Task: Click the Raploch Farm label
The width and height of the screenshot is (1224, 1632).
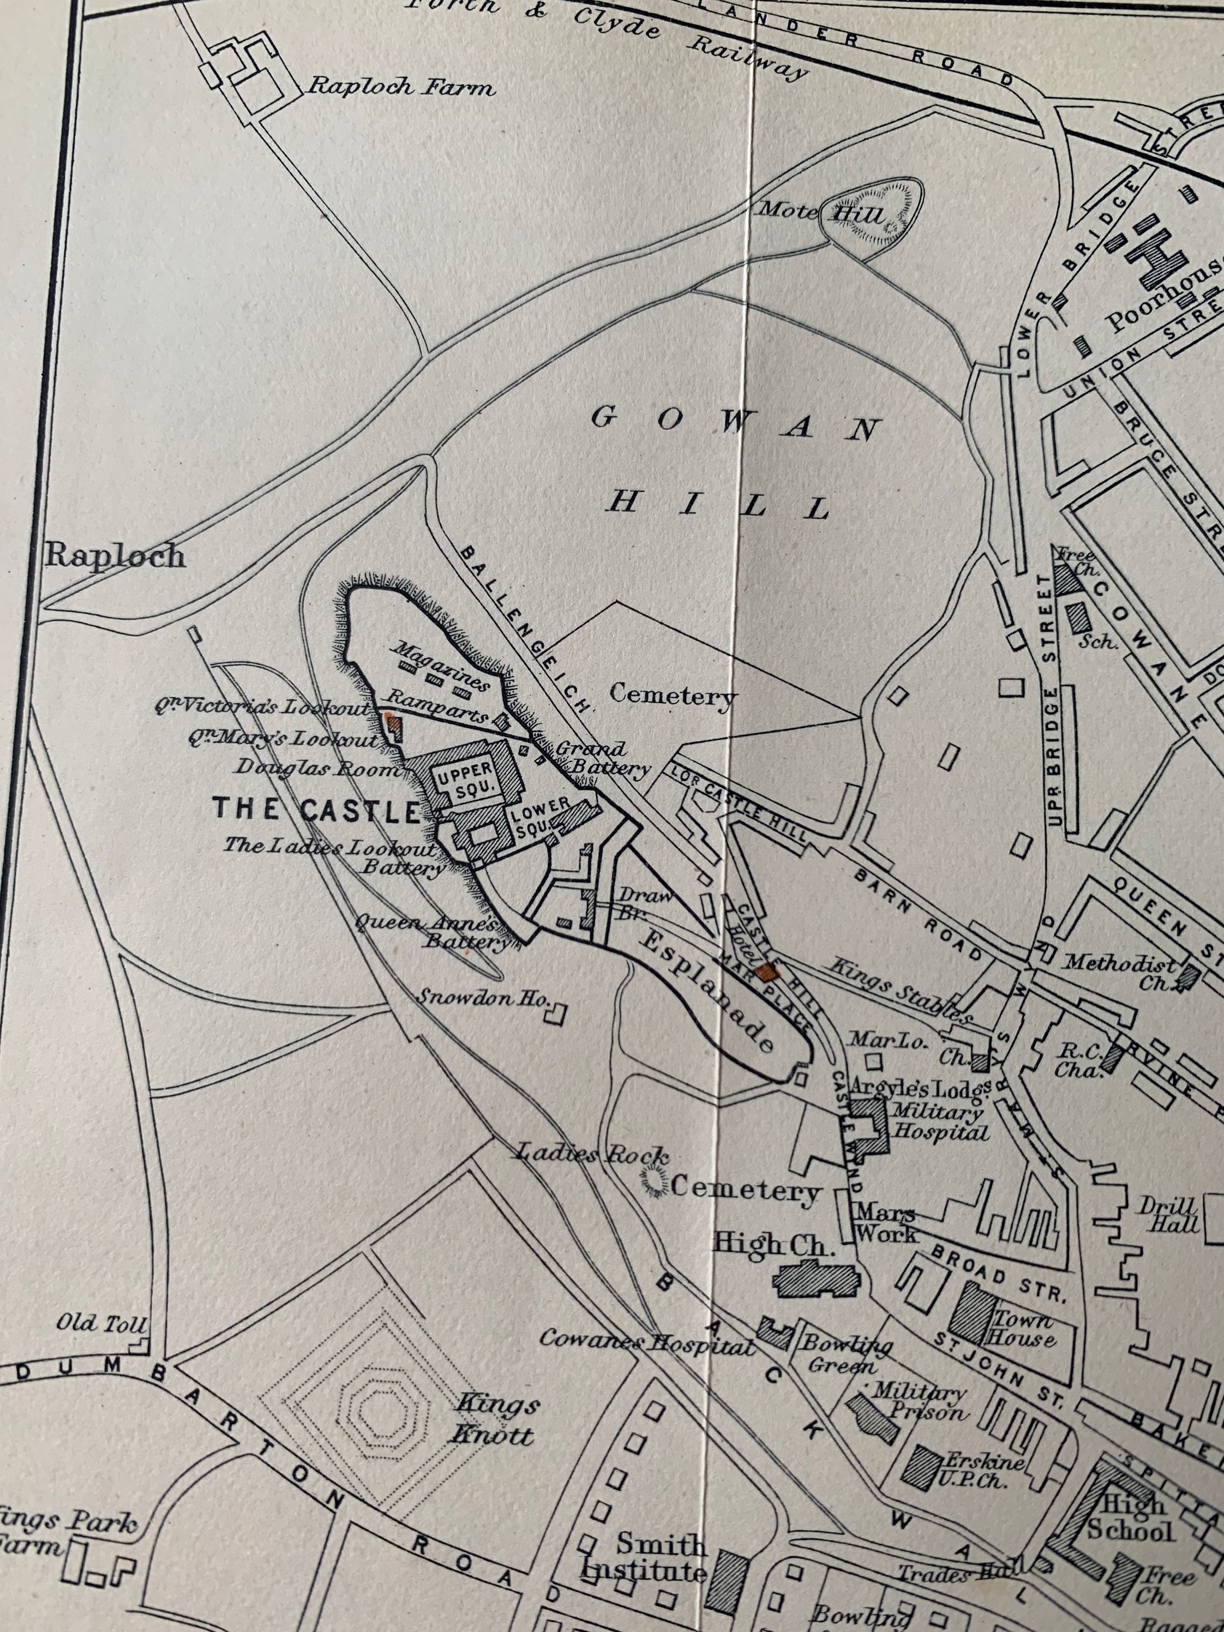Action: (400, 87)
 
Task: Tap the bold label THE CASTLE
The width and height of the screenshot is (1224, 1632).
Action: (316, 810)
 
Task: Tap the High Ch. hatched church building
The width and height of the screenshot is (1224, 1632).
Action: (815, 1278)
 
